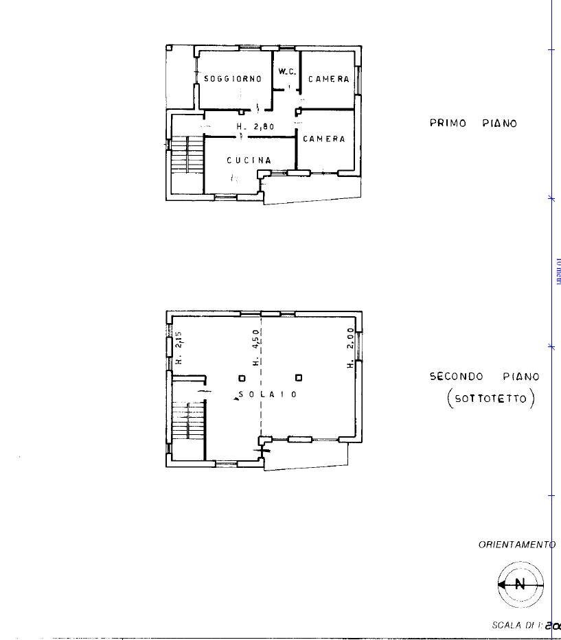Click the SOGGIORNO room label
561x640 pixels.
(233, 79)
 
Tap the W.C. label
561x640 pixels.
(287, 71)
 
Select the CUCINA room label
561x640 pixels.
(249, 161)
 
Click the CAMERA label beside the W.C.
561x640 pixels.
(328, 79)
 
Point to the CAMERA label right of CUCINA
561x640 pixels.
(324, 139)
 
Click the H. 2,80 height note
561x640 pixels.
(255, 127)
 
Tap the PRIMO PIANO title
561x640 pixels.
(473, 123)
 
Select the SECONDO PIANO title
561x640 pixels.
(484, 377)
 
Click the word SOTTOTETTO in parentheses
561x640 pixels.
(490, 399)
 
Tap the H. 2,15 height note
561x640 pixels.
(178, 348)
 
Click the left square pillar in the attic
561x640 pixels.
(241, 377)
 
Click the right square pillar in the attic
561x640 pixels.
(298, 377)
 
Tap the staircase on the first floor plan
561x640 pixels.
(185, 156)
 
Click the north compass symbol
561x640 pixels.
(520, 584)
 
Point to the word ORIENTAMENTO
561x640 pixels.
(516, 545)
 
